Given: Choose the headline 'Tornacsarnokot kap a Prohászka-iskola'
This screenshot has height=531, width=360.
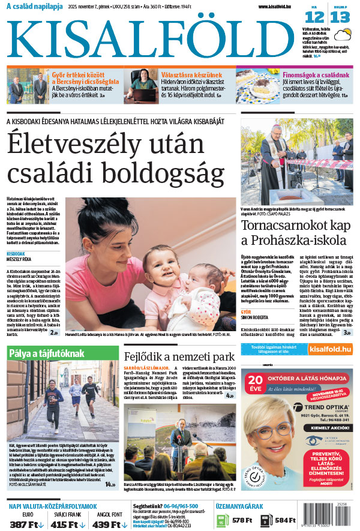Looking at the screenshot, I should (x=293, y=233).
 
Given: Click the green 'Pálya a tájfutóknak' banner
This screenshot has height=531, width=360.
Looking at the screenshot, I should (x=46, y=353).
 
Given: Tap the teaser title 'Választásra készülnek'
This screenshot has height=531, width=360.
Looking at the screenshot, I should (x=191, y=74).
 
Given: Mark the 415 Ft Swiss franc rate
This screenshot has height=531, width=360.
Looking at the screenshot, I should (x=64, y=524).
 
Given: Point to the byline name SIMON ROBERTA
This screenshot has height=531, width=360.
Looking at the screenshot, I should (x=255, y=319).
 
